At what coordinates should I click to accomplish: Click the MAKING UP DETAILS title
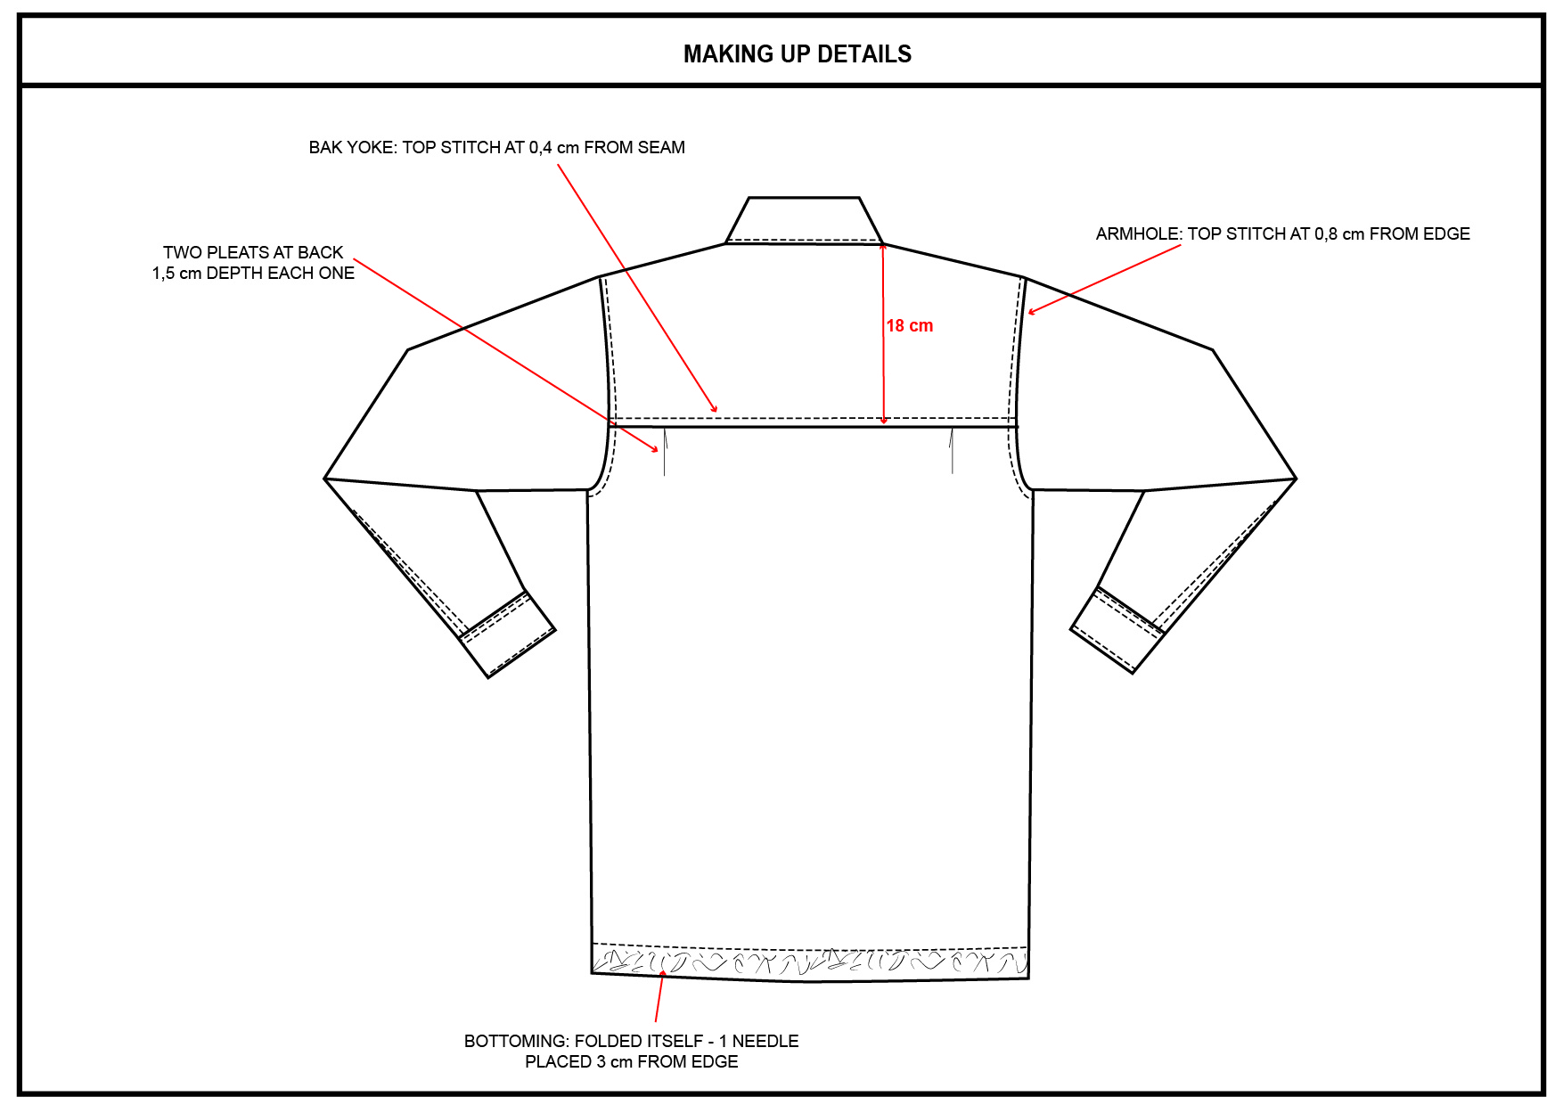tap(797, 54)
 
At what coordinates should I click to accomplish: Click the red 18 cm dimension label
tap(909, 326)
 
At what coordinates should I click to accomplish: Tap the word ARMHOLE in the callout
tap(1137, 234)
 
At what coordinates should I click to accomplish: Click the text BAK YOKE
tap(351, 148)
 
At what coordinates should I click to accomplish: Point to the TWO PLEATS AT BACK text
tap(253, 253)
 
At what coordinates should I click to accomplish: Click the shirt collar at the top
tap(804, 220)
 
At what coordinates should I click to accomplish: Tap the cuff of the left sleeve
tap(508, 634)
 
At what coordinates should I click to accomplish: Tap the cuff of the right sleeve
tap(1117, 629)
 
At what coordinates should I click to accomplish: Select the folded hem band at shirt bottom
tap(809, 962)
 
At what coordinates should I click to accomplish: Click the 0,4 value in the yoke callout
tap(540, 148)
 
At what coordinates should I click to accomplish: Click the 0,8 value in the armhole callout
tap(1326, 234)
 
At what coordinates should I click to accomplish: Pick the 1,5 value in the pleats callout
tap(163, 274)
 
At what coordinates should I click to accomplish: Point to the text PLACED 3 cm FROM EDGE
tap(631, 1061)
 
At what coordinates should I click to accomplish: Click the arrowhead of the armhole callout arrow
tap(1031, 312)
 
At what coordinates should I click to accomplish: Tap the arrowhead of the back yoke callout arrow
tap(714, 409)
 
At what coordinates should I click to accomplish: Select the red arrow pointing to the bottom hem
tap(659, 997)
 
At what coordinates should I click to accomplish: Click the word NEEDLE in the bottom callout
tap(765, 1041)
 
